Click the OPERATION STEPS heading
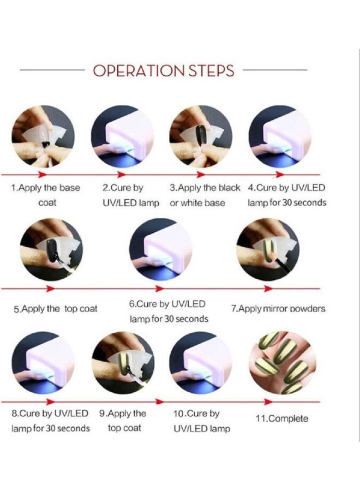[164, 71]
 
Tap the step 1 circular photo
[43, 136]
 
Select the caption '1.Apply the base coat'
[46, 195]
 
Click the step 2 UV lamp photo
[122, 136]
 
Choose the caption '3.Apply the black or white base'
[205, 195]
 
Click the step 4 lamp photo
[280, 136]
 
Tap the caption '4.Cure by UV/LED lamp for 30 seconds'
[287, 195]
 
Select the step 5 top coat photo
[51, 249]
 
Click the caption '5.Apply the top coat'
[56, 309]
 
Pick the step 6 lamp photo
[160, 249]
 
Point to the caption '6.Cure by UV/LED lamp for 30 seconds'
[169, 312]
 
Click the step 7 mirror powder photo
[268, 249]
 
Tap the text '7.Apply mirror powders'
[278, 309]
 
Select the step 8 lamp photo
[43, 363]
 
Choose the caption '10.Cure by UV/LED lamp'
[202, 421]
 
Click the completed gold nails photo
[283, 363]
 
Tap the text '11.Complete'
[282, 418]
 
